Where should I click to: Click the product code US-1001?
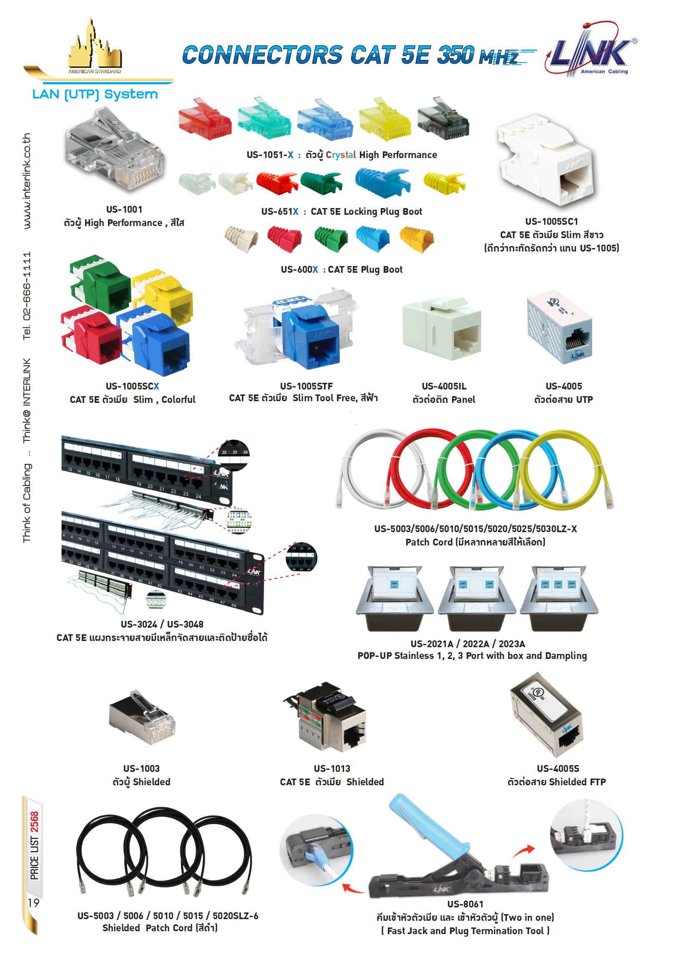pyautogui.click(x=124, y=209)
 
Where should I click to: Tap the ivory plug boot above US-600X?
pyautogui.click(x=241, y=239)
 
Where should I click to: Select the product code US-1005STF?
pyautogui.click(x=306, y=386)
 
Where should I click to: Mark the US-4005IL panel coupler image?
pyautogui.click(x=442, y=328)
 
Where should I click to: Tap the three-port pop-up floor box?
pyautogui.click(x=559, y=598)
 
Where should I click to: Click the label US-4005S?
pyautogui.click(x=558, y=769)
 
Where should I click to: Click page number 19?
pyautogui.click(x=33, y=902)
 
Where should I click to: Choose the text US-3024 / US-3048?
pyautogui.click(x=162, y=624)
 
